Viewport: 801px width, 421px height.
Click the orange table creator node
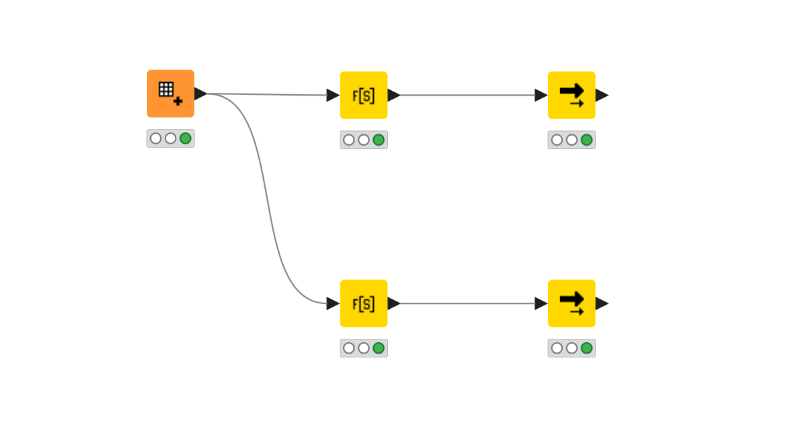170,94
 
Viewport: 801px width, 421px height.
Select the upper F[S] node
363,95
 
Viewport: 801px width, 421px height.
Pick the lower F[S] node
363,303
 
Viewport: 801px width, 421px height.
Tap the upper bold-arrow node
571,95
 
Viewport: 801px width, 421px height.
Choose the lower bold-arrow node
571,303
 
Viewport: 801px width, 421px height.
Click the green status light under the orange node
186,138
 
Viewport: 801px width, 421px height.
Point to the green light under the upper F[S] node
378,140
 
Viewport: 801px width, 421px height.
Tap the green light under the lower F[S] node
378,348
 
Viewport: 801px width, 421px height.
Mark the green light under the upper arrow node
587,140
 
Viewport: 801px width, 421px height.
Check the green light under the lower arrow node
587,348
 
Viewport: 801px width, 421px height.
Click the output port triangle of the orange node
200,94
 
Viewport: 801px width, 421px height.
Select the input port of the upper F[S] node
332,95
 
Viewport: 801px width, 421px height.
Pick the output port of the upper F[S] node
393,95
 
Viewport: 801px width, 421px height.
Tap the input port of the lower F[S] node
332,303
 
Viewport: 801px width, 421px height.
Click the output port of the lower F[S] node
393,303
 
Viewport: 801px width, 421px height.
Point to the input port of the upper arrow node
541,95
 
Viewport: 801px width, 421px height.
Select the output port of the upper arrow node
601,95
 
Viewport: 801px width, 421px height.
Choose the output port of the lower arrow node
601,303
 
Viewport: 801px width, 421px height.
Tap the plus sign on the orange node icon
178,101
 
